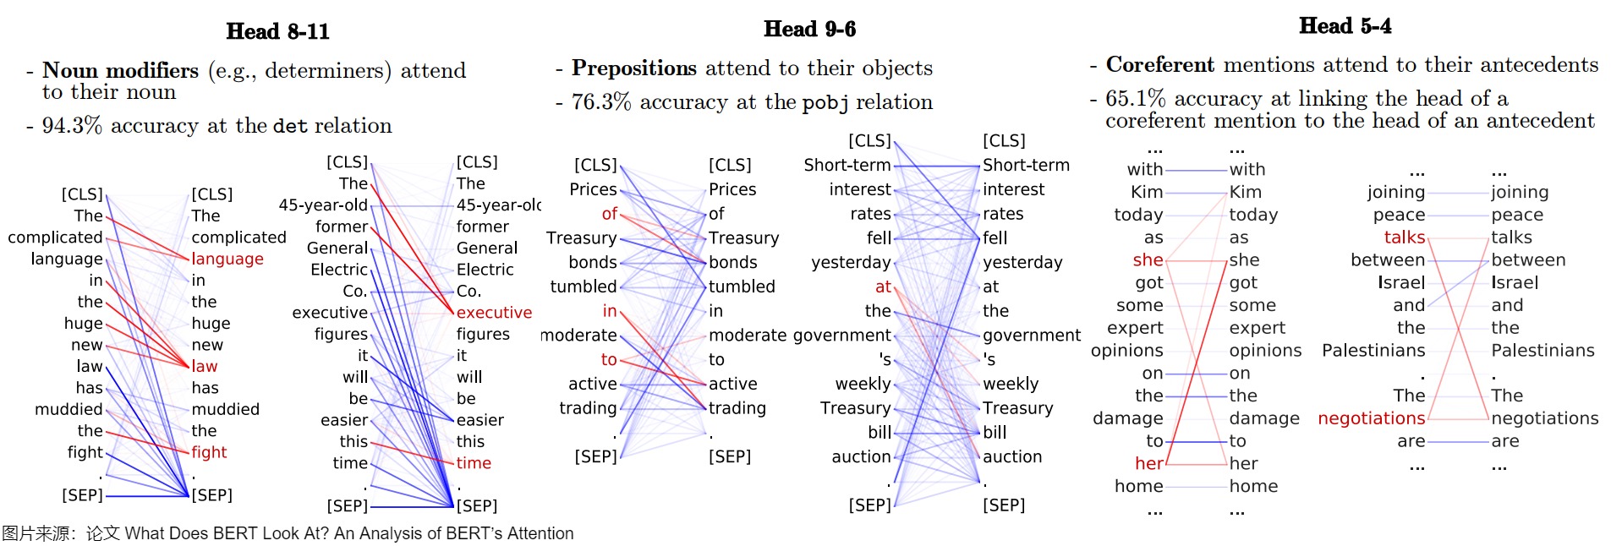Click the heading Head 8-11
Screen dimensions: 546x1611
click(277, 31)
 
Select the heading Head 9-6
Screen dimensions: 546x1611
click(809, 29)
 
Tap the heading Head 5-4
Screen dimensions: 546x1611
click(1345, 26)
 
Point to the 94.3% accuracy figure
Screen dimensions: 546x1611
click(72, 126)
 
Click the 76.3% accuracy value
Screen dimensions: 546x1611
click(601, 102)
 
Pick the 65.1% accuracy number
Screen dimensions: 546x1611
click(1135, 99)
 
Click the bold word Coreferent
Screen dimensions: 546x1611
click(1159, 65)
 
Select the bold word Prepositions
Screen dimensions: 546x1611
click(633, 68)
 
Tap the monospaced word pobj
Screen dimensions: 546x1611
click(825, 103)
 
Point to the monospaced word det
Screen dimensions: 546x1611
click(290, 127)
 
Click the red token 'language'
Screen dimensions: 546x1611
click(227, 259)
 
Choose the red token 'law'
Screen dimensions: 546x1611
click(204, 366)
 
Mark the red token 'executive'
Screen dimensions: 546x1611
click(494, 313)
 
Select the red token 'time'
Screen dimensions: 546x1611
click(474, 463)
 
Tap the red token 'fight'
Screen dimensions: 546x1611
click(209, 452)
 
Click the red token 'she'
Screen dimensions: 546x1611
click(1148, 259)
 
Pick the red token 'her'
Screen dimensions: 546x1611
click(1148, 463)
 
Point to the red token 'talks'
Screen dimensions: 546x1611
click(1404, 238)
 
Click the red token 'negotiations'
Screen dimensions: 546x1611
click(1371, 418)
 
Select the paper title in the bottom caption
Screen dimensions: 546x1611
click(348, 533)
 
